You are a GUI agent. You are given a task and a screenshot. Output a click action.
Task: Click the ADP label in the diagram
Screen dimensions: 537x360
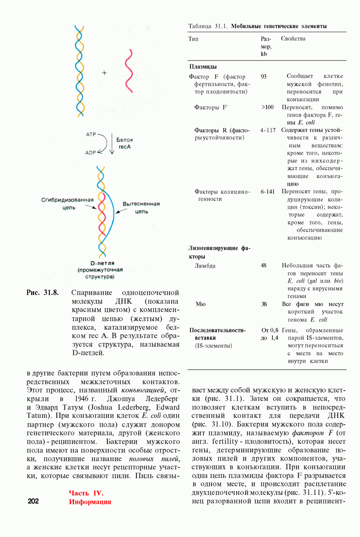[91, 153]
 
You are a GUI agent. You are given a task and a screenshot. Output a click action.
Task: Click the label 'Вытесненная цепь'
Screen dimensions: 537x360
[142, 208]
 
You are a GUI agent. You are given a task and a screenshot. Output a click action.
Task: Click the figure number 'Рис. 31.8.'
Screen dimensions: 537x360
[43, 293]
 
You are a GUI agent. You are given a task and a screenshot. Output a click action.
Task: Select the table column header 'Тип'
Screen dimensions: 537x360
[194, 39]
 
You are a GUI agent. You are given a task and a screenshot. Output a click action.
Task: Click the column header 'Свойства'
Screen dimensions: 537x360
[293, 39]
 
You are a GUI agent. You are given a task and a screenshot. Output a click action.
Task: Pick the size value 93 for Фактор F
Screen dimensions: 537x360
[264, 77]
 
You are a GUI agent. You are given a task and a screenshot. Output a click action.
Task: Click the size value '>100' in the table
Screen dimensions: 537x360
[267, 107]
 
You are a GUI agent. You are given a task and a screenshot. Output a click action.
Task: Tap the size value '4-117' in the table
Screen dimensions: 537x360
[267, 130]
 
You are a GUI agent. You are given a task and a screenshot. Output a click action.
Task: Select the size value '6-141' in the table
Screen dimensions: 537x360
[267, 192]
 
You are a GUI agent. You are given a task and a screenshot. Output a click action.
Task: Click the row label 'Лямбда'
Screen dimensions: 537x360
[205, 265]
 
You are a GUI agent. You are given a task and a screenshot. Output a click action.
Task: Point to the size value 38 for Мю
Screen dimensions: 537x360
[264, 304]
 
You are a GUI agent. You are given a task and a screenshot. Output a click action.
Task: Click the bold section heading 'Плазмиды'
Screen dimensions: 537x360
[203, 66]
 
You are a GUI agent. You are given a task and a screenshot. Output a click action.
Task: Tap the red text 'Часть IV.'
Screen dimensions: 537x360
[86, 493]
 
